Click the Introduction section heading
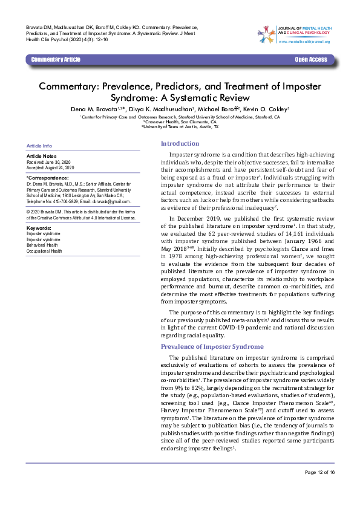point(179,143)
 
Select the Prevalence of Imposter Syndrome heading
point(212,346)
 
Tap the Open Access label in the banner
point(311,59)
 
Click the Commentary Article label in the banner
point(55,59)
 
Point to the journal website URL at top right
point(304,41)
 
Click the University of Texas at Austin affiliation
point(180,128)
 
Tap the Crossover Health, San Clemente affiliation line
point(180,122)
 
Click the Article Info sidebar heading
point(39,146)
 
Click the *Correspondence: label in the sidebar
point(48,178)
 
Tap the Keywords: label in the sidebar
point(39,227)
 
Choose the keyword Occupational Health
point(44,250)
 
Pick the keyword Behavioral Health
point(42,244)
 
